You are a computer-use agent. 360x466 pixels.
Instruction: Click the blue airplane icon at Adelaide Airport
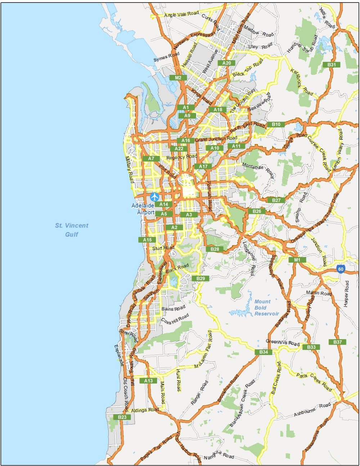pos(155,197)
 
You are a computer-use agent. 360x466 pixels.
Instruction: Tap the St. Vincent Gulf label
pos(72,230)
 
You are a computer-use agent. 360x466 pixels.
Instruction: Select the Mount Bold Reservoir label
pos(266,308)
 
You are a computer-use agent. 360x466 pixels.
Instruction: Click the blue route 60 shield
pos(341,269)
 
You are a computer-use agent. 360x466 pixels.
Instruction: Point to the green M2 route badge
pos(178,78)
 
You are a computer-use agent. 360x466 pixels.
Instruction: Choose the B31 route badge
pos(332,65)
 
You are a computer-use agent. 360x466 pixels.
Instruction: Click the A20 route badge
pos(226,63)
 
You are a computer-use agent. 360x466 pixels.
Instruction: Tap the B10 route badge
pos(276,124)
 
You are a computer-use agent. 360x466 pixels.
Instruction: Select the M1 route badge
pos(297,260)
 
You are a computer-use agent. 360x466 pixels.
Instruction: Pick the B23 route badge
pos(122,417)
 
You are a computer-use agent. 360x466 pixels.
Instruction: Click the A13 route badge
pos(148,381)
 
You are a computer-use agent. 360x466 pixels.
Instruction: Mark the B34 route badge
pos(264,352)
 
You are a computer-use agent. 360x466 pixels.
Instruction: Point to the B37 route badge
pos(337,342)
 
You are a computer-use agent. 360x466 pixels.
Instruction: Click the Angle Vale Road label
pos(181,14)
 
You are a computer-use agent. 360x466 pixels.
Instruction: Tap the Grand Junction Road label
pos(216,139)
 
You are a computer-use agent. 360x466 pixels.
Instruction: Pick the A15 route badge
pos(147,240)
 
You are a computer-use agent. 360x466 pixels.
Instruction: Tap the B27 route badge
pos(276,200)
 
